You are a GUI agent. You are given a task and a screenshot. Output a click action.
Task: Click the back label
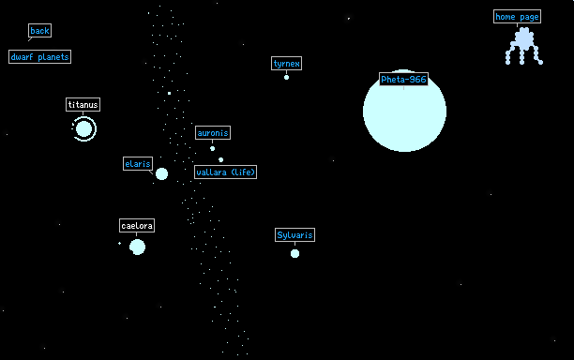coord(40,31)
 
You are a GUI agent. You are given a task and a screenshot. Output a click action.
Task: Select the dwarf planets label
coord(40,56)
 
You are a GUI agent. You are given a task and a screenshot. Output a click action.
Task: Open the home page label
coord(518,17)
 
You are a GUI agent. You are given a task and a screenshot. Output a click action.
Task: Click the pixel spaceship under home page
coord(524,47)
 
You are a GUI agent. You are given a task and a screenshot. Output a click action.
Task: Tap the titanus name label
coord(83,105)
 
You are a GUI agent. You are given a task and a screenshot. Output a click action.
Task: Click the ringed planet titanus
coord(83,128)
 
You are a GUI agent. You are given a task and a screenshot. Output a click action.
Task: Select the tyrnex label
coord(287,64)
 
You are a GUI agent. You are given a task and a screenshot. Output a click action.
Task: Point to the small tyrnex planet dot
coord(287,77)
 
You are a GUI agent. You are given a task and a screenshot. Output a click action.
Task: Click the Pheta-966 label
coord(404,80)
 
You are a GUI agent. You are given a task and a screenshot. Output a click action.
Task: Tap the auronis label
coord(213,133)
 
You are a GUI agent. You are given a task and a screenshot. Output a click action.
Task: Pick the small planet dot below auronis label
coord(212,148)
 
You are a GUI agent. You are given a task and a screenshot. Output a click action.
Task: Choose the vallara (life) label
coord(225,172)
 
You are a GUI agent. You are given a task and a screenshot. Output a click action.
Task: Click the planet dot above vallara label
coord(220,160)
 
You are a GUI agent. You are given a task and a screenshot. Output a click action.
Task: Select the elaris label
coord(138,163)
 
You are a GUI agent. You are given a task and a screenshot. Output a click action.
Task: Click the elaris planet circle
coord(162,173)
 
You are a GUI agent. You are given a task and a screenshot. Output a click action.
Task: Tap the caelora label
coord(137,225)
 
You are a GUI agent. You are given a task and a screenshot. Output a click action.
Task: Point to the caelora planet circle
coord(137,247)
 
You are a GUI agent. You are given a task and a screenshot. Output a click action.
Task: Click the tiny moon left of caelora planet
coord(119,244)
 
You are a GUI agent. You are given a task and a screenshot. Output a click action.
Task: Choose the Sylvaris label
coord(295,235)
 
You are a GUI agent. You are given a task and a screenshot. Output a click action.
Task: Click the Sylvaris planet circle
coord(295,253)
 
